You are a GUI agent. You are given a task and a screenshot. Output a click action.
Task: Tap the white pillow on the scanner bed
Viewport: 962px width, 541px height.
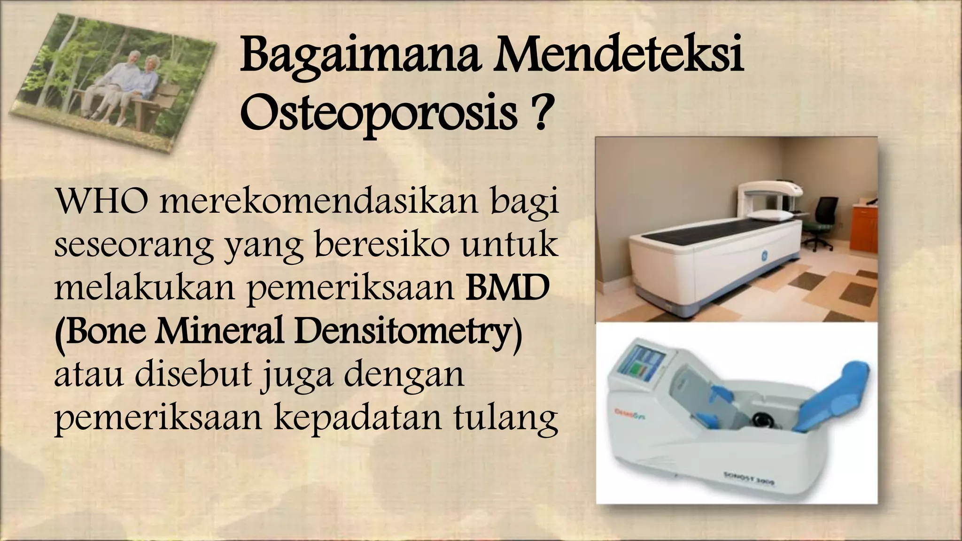pyautogui.click(x=765, y=216)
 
